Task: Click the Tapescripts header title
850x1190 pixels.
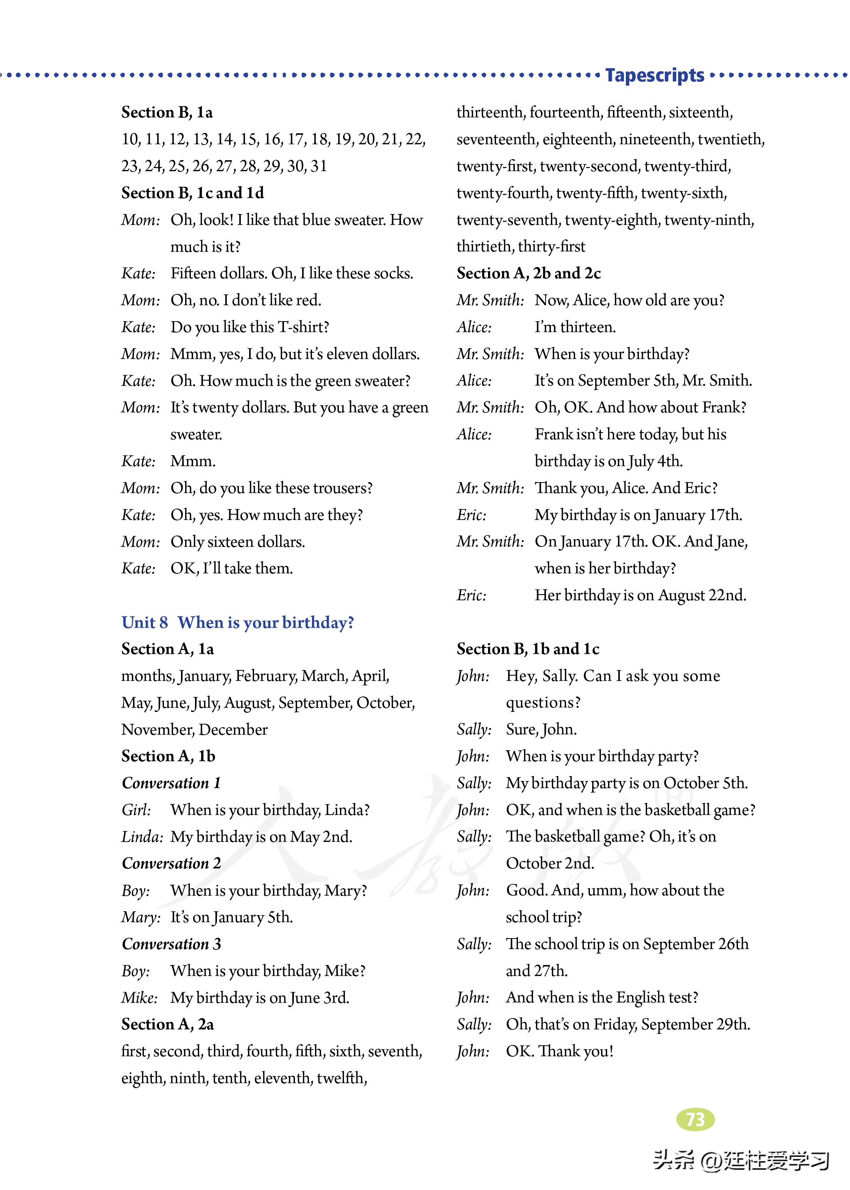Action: (x=654, y=75)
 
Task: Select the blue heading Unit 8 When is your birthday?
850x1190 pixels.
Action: (x=238, y=623)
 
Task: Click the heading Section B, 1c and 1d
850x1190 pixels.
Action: (x=193, y=193)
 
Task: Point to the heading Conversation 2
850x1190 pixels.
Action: (x=171, y=863)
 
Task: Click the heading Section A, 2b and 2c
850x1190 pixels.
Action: (x=529, y=273)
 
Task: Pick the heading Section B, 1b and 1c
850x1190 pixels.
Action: (x=527, y=649)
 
